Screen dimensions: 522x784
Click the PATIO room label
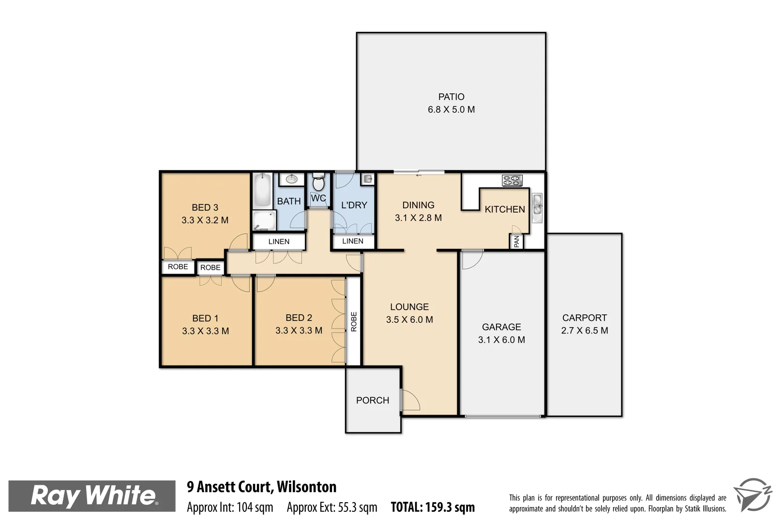coord(451,97)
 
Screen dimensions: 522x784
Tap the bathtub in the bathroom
coord(262,190)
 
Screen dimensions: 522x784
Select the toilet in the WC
coord(318,183)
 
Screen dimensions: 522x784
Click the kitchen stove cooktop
coord(512,180)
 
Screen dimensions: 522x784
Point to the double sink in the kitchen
coord(537,208)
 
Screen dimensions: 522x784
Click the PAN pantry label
coord(516,241)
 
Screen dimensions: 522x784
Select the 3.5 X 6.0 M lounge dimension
coord(409,319)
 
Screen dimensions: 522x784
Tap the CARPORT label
coord(584,318)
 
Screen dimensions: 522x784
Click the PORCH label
coord(372,400)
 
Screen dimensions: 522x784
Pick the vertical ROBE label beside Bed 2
coord(354,321)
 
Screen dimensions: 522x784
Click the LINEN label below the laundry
coord(352,241)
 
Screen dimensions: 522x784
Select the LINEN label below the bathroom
coord(279,242)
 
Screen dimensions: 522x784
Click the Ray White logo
coord(92,496)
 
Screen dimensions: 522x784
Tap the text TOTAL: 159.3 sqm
coord(433,507)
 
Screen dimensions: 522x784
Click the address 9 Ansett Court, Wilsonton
coord(262,487)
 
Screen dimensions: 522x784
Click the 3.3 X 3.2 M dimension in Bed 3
coord(205,220)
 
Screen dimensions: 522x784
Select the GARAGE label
coord(501,327)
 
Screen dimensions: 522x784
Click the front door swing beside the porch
coord(410,400)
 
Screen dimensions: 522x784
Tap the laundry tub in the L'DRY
coord(368,179)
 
